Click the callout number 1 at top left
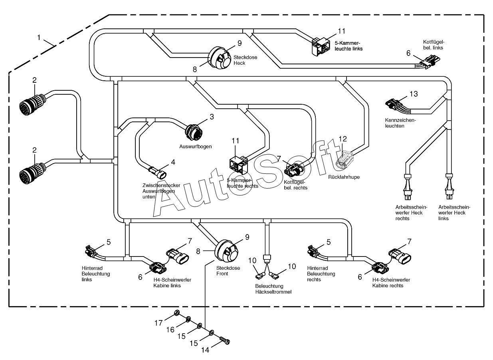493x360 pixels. click(39, 38)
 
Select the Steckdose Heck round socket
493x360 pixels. click(219, 58)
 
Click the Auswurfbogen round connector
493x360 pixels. click(194, 132)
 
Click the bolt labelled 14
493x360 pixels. click(225, 341)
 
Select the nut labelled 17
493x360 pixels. click(177, 313)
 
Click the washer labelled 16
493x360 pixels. click(188, 319)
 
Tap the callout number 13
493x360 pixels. click(414, 94)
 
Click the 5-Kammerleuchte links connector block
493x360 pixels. click(321, 46)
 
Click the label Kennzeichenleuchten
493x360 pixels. click(400, 123)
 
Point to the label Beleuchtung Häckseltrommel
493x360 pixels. click(273, 289)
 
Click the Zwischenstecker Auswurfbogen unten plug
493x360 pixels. click(158, 173)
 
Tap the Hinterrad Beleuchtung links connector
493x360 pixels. click(91, 251)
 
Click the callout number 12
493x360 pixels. click(343, 139)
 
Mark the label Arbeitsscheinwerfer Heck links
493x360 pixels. click(454, 213)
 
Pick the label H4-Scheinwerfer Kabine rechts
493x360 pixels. click(391, 282)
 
